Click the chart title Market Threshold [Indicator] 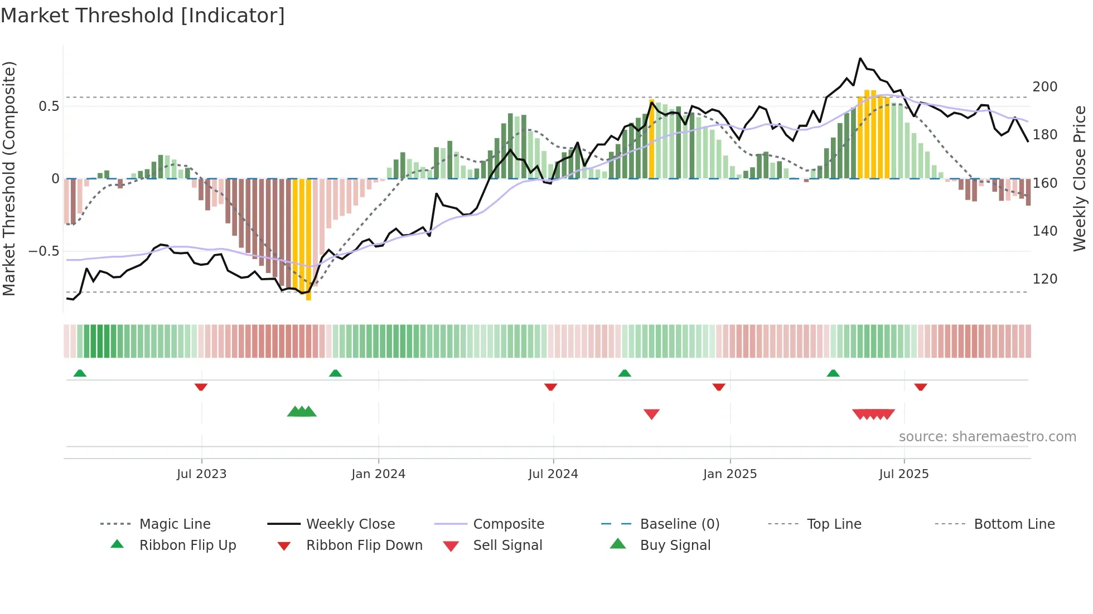143,16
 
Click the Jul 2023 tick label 201,474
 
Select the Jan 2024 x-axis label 378,474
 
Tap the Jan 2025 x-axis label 729,474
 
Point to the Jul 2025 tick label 903,474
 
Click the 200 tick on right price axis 1044,87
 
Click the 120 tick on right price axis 1044,279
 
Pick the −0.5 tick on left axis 44,251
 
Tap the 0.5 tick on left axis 49,106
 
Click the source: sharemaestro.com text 987,437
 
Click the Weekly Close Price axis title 1080,178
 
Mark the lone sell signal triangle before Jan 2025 651,414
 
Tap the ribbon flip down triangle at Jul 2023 201,387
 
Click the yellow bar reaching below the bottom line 308,240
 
